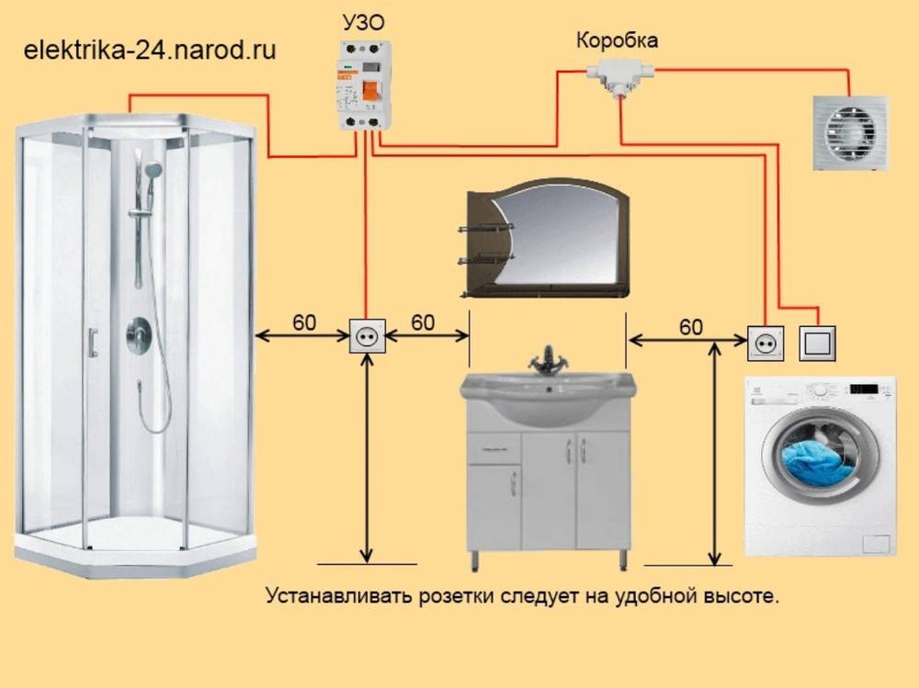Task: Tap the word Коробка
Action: [x=617, y=41]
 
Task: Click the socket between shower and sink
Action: [x=366, y=339]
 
